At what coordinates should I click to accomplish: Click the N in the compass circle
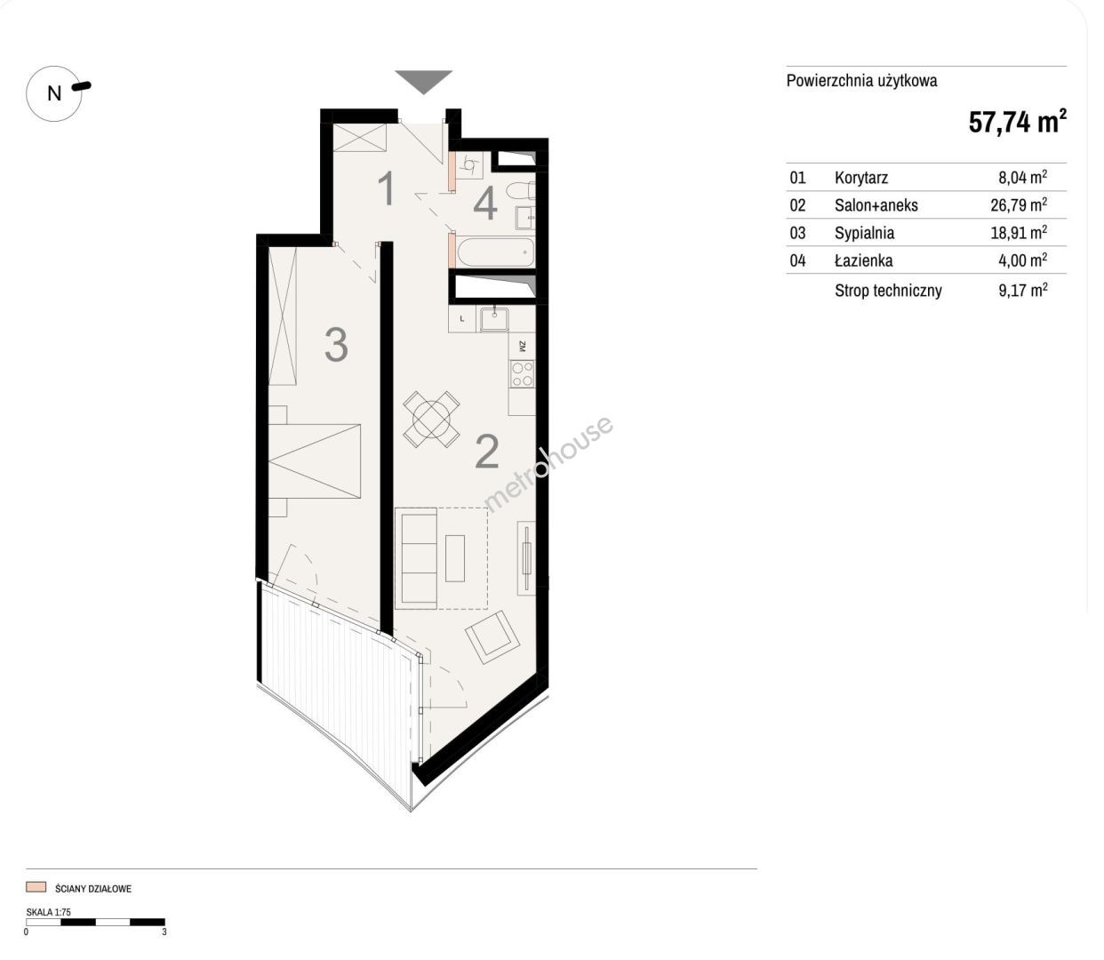click(54, 94)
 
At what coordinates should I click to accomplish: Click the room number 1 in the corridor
click(387, 188)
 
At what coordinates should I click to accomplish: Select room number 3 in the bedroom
click(336, 345)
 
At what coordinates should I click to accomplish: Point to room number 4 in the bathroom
click(485, 204)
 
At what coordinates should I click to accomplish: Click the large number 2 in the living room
click(487, 452)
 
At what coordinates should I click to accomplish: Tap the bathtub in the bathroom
click(495, 252)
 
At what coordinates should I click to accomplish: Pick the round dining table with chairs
click(431, 419)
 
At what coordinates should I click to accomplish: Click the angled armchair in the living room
click(492, 637)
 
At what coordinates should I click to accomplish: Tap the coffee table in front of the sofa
click(455, 558)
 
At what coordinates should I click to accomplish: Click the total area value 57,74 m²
click(1017, 122)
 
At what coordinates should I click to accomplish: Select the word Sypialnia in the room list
click(864, 233)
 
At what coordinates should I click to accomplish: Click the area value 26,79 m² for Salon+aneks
click(1019, 204)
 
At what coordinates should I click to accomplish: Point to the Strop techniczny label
click(888, 291)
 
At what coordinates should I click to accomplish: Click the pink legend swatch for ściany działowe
click(36, 886)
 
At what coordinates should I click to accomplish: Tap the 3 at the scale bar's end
click(164, 932)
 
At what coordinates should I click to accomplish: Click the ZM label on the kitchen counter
click(523, 346)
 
